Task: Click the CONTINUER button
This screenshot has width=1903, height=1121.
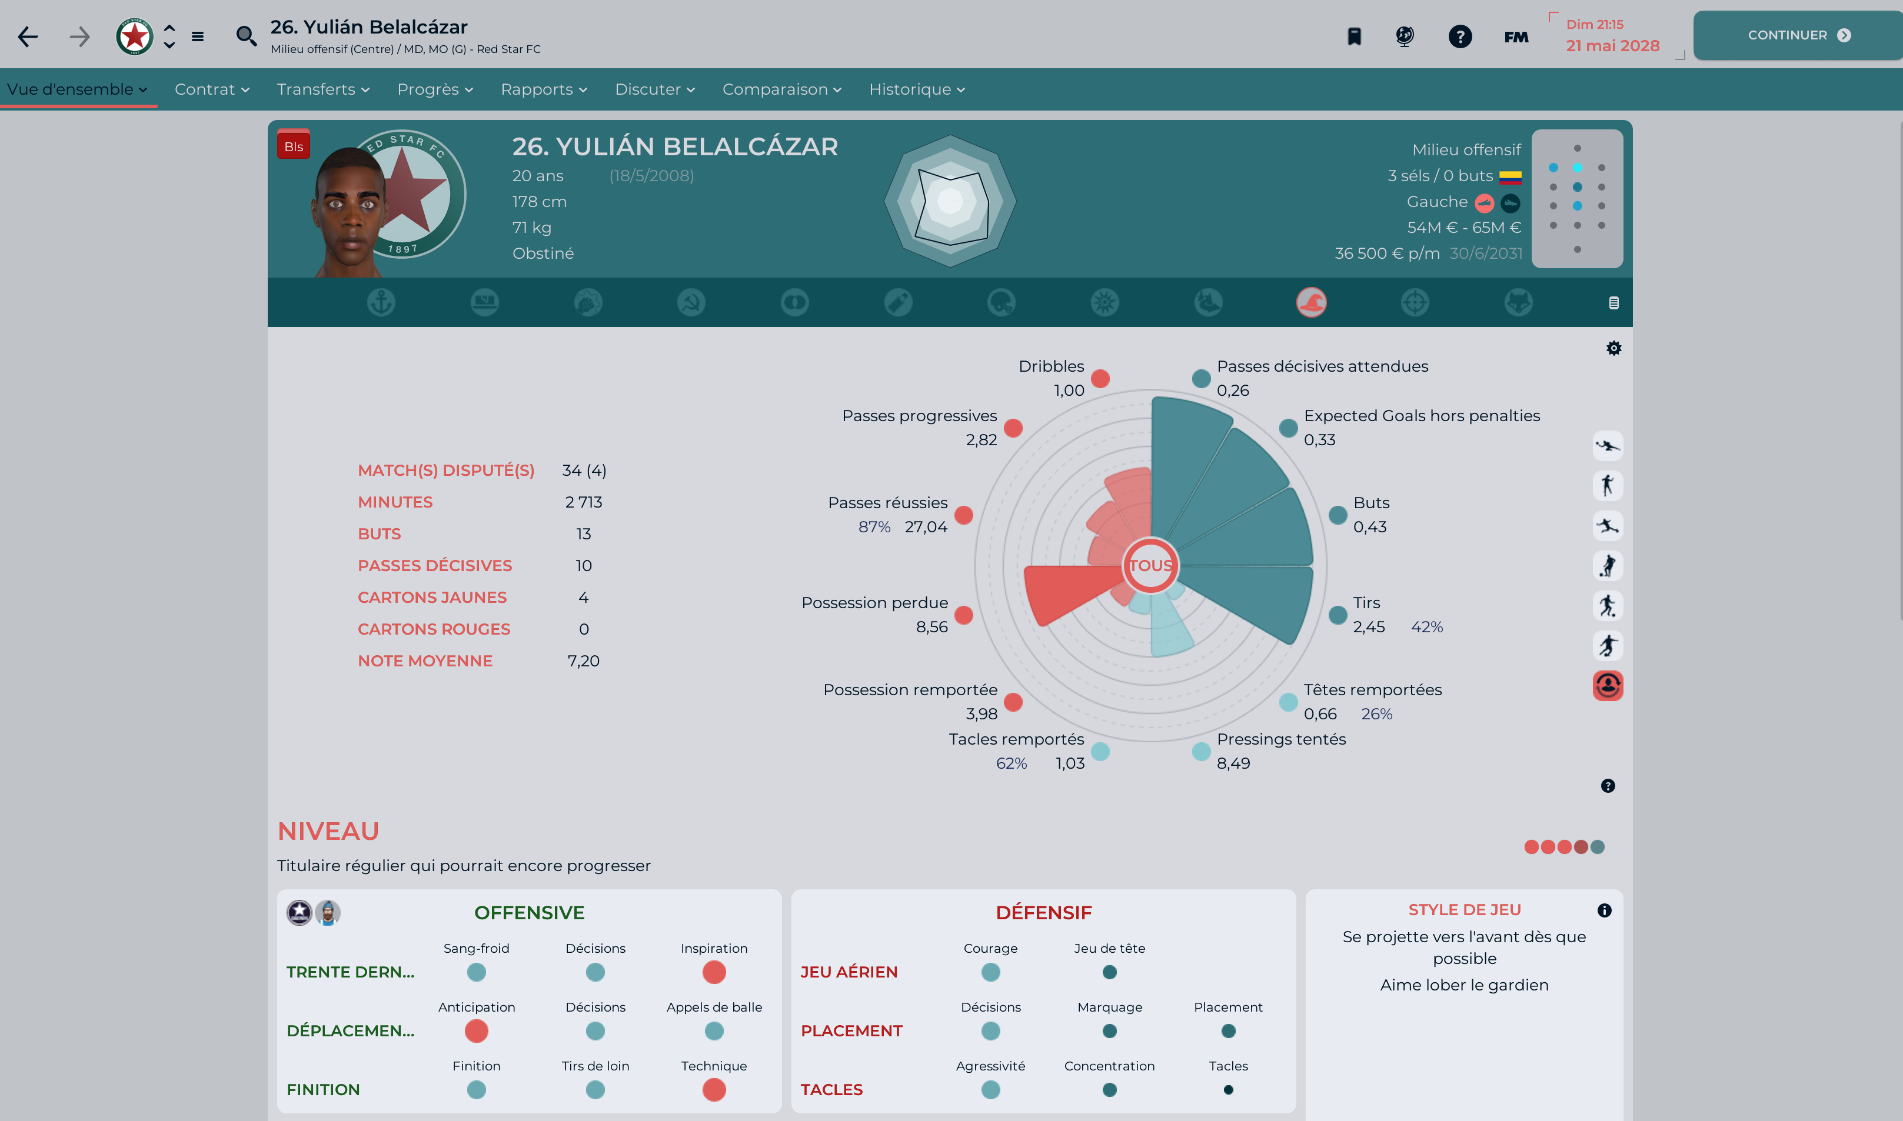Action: [x=1797, y=35]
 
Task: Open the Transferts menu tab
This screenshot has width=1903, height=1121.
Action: [x=322, y=89]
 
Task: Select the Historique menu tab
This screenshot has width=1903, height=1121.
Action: [x=916, y=89]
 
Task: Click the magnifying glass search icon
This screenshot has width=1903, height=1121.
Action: [x=245, y=35]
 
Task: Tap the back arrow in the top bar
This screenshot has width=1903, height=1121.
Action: [x=28, y=36]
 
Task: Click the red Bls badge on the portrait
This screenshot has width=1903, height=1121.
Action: [x=293, y=146]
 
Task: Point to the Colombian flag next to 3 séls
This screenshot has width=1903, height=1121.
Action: [x=1510, y=177]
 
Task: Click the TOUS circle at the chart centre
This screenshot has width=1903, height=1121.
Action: [x=1150, y=565]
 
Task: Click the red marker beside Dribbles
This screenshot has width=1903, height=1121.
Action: [x=1100, y=378]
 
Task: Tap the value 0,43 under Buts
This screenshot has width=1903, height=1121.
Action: [x=1369, y=527]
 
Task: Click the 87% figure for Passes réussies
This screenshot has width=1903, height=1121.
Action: [x=874, y=527]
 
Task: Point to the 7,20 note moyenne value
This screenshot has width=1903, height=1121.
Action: [x=583, y=661]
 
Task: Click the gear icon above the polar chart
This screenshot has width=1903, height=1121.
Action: [x=1613, y=348]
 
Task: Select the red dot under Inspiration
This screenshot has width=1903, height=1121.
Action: [x=713, y=972]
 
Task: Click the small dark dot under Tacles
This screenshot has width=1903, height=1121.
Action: [x=1228, y=1089]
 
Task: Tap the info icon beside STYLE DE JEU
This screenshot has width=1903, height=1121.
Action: [x=1603, y=910]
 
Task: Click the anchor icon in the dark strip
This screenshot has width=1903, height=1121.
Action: [x=381, y=303]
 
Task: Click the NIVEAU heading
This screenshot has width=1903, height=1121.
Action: [x=328, y=831]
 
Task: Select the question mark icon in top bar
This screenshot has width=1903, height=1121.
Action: [x=1459, y=36]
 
